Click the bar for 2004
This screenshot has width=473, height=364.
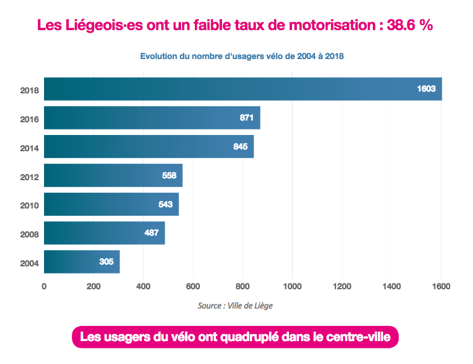point(82,262)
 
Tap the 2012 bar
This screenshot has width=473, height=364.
point(113,175)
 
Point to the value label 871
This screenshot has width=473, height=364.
point(246,118)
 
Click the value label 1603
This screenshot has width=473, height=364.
point(426,89)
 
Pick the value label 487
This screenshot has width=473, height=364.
point(151,233)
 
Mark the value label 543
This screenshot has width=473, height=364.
point(165,204)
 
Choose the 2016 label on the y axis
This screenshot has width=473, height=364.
point(29,119)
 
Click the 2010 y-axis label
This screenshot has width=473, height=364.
point(29,206)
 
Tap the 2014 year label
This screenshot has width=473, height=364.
point(29,148)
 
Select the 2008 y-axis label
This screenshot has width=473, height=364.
point(29,234)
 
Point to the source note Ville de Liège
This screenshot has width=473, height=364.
point(235,306)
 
